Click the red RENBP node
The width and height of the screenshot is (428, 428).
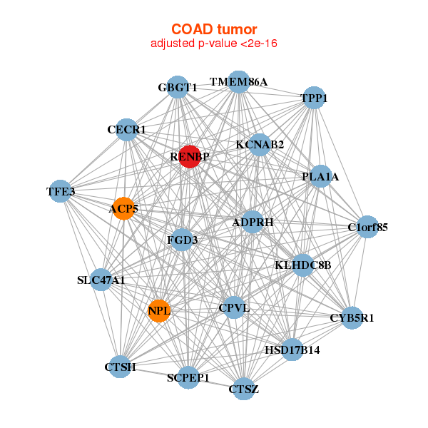pyautogui.click(x=188, y=156)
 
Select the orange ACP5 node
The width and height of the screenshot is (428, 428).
pyautogui.click(x=124, y=208)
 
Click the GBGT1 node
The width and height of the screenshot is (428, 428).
pyautogui.click(x=178, y=87)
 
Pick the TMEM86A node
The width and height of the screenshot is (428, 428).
pyautogui.click(x=239, y=82)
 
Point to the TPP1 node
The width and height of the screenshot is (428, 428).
pyautogui.click(x=314, y=98)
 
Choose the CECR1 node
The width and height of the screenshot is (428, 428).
pyautogui.click(x=126, y=130)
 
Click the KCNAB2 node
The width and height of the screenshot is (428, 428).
pyautogui.click(x=260, y=145)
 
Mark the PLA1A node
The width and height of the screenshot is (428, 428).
pyautogui.click(x=320, y=176)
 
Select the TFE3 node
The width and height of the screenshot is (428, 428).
pyautogui.click(x=61, y=191)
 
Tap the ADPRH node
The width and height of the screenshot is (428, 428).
pyautogui.click(x=253, y=223)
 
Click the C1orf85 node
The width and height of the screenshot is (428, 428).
pyautogui.click(x=367, y=228)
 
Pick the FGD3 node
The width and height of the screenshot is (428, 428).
pyautogui.click(x=182, y=240)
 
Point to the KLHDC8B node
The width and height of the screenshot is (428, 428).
pyautogui.click(x=303, y=265)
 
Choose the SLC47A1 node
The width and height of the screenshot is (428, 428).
pyautogui.click(x=101, y=280)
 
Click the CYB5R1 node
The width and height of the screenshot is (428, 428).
pyautogui.click(x=352, y=317)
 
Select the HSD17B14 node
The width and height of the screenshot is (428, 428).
pyautogui.click(x=292, y=350)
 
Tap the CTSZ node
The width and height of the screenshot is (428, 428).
pyautogui.click(x=243, y=389)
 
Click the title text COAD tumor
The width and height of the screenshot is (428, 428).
pyautogui.click(x=214, y=29)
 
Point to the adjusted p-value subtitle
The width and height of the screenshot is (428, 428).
pyautogui.click(x=214, y=44)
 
